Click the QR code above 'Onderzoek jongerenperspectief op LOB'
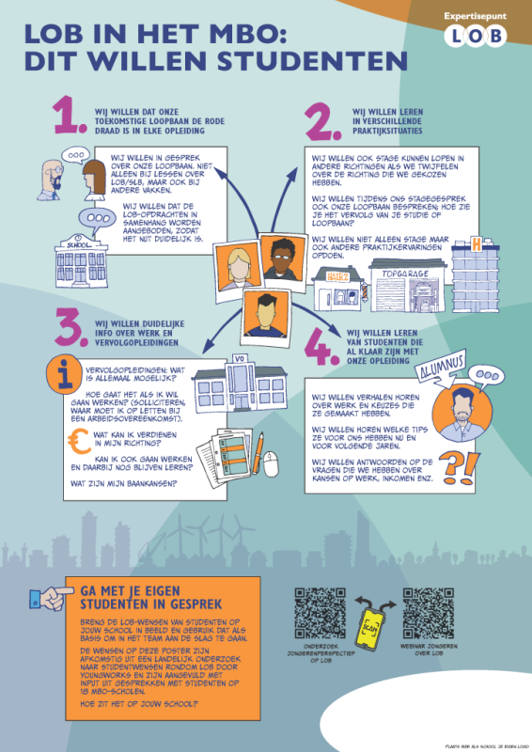click(319, 613)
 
